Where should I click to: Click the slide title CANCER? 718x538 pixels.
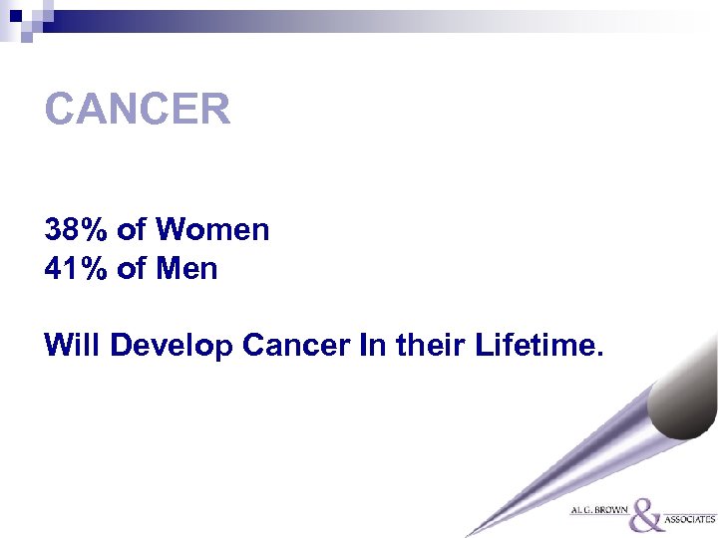click(138, 110)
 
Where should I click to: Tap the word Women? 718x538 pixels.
click(212, 230)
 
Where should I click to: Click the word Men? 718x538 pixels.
click(186, 268)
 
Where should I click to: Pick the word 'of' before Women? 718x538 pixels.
click(132, 230)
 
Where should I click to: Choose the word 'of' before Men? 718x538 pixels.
click(132, 268)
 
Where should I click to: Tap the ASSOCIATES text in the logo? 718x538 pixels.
click(691, 519)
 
